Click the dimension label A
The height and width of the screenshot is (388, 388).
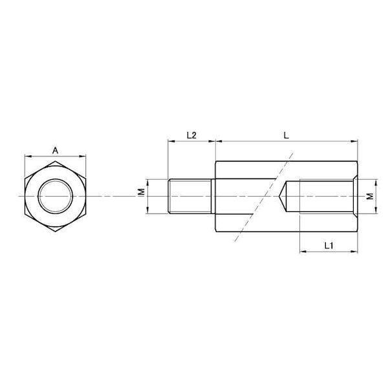point(55,150)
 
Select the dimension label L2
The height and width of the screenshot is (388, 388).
point(191,135)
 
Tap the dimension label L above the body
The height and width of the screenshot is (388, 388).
point(286,135)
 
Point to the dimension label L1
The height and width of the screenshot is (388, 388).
point(329,246)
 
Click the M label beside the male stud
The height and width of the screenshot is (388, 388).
point(142,192)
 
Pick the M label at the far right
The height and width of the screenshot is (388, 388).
point(370,197)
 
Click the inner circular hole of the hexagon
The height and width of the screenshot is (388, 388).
point(55,196)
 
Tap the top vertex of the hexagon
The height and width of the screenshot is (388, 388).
point(55,161)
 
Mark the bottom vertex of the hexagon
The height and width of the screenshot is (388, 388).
point(55,232)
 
